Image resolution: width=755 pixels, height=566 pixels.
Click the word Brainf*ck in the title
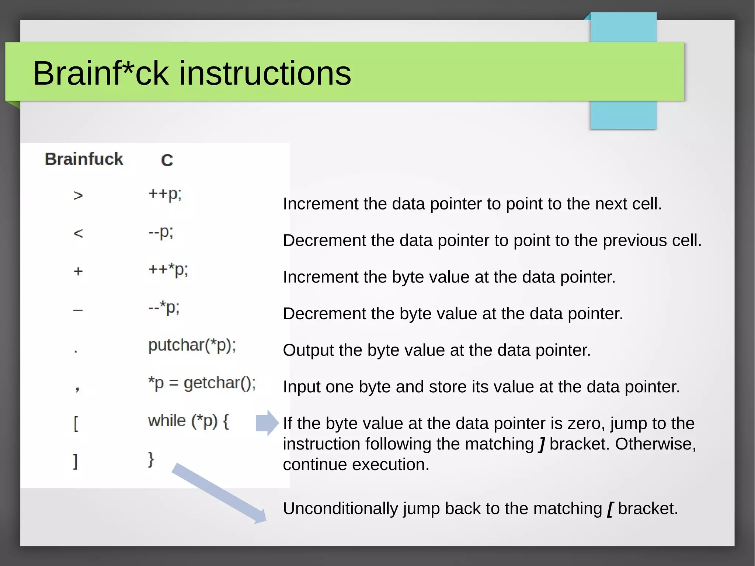coord(101,73)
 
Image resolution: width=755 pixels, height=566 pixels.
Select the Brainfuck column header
coord(84,159)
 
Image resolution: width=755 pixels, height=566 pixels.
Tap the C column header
coord(167,160)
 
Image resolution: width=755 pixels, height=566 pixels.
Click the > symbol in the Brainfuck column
coord(78,195)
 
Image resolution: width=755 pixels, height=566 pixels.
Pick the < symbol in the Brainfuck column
coord(78,233)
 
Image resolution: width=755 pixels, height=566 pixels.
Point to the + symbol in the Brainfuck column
coord(78,271)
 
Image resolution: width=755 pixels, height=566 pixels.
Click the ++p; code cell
coord(165,194)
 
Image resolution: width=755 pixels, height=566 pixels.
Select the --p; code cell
coord(160,232)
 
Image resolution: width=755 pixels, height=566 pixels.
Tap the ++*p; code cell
coord(168,270)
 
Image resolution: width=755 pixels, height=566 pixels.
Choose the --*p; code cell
coord(164,308)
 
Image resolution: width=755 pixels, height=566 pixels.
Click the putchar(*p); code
coord(192,345)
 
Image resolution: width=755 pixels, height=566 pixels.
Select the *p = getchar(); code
coord(202,383)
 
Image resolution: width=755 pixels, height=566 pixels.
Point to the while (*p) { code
coord(188,421)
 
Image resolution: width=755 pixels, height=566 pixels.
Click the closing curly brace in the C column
coord(151,459)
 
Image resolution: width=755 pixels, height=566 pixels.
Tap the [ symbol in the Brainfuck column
coord(76,424)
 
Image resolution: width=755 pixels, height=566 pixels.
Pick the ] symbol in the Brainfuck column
coord(76,461)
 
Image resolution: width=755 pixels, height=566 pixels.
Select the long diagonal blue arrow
coord(219,493)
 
